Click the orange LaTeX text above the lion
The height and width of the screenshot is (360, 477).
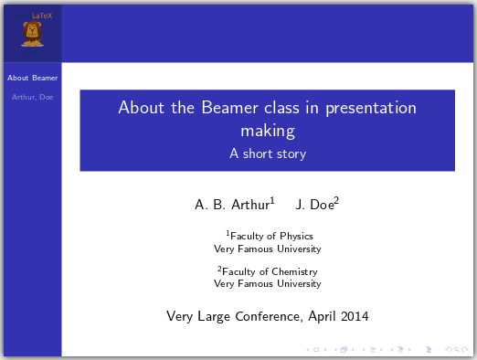coord(42,16)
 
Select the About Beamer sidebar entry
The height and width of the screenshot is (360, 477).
coord(32,78)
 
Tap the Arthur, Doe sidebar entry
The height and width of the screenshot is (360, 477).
coord(32,96)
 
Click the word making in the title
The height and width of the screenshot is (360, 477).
coord(267,131)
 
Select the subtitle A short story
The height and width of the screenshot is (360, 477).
coord(267,154)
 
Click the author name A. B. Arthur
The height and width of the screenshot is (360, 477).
coord(232,204)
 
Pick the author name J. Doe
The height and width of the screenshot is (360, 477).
coord(314,204)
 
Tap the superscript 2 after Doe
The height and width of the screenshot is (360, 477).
coord(336,199)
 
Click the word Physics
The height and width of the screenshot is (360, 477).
coord(296,236)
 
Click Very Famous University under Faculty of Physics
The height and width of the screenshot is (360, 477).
coord(267,248)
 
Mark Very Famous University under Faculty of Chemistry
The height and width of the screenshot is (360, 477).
coord(267,283)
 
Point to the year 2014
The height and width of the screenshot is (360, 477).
coord(354,317)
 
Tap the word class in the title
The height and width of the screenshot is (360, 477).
coord(269,108)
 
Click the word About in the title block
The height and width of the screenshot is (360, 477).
coord(140,108)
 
